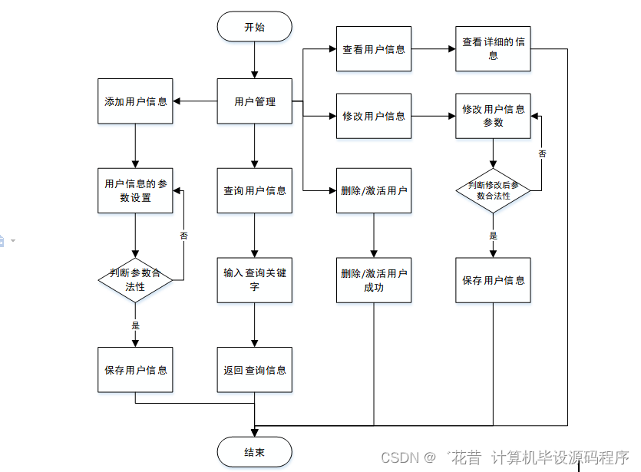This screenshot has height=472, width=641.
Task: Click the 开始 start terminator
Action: [254, 27]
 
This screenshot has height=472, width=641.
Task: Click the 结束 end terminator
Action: [254, 452]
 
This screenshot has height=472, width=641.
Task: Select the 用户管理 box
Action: [254, 101]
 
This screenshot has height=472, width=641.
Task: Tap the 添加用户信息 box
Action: [135, 101]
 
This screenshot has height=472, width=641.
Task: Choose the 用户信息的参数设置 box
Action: [135, 191]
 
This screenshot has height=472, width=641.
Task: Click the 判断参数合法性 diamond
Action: [135, 280]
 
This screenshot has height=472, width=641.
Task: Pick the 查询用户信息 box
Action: [254, 190]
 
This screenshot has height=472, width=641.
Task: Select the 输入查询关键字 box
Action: [254, 279]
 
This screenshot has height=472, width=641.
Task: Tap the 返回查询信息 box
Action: [254, 370]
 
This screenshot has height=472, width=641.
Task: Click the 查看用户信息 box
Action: [374, 49]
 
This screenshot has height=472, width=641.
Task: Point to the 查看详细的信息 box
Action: [493, 49]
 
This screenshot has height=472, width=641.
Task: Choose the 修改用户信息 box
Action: [374, 116]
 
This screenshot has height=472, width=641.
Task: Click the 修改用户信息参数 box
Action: [493, 116]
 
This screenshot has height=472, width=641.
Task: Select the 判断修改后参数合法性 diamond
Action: [493, 190]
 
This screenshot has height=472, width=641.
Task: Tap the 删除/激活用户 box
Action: [374, 190]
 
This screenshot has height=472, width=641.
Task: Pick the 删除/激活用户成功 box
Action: [374, 280]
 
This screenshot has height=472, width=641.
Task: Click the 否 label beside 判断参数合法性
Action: [183, 236]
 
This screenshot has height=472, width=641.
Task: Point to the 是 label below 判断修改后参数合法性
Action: [494, 236]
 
